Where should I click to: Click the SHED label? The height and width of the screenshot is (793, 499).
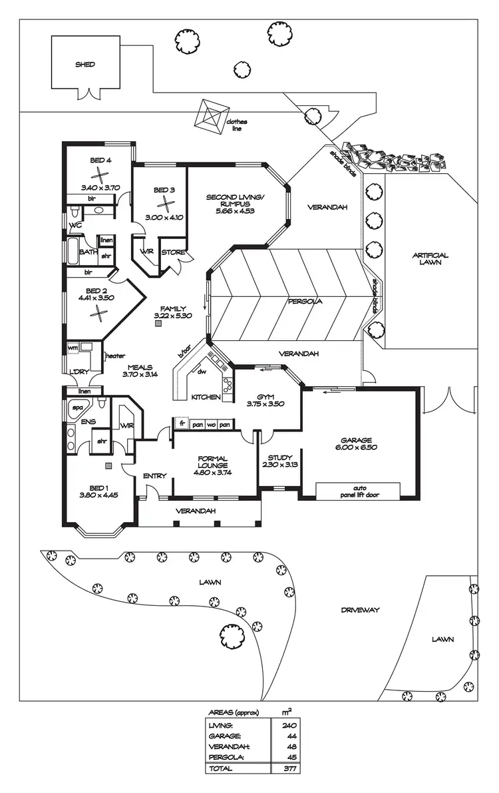click(x=84, y=65)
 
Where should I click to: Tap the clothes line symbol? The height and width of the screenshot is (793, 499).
click(x=210, y=117)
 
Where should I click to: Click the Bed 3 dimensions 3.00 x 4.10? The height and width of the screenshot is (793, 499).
click(x=164, y=217)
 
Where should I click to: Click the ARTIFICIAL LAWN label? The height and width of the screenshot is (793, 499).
click(x=430, y=258)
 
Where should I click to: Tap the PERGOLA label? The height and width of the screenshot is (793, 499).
click(x=305, y=301)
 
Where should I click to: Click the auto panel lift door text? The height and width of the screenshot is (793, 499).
click(x=360, y=491)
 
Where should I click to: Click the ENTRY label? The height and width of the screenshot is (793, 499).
click(x=155, y=475)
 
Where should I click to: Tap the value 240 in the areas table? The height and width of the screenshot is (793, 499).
click(x=289, y=725)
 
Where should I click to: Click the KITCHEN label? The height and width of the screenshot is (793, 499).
click(x=206, y=397)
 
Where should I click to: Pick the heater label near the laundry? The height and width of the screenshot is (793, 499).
click(x=115, y=356)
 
